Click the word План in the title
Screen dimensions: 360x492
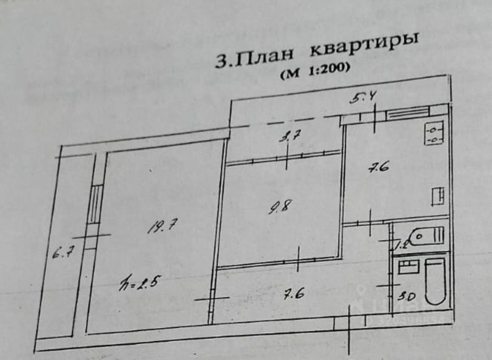(265, 57)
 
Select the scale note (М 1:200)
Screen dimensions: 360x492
(314, 71)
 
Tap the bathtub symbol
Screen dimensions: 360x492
(434, 281)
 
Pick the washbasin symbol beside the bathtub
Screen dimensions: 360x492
(408, 267)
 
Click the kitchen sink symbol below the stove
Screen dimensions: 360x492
(437, 197)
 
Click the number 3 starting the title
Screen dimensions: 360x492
(221, 61)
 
